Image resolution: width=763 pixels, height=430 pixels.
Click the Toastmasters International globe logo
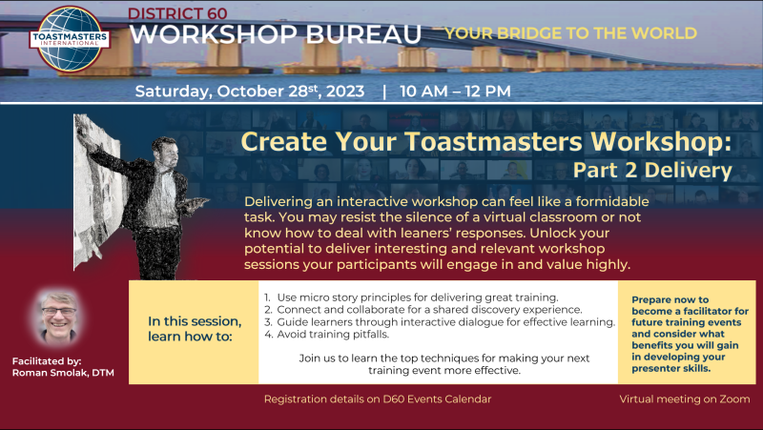pyautogui.click(x=70, y=39)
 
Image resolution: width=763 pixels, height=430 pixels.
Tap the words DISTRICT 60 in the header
pyautogui.click(x=177, y=13)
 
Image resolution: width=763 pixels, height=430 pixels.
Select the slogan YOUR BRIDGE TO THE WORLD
pyautogui.click(x=570, y=33)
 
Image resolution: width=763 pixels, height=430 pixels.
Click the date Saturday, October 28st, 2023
pyautogui.click(x=250, y=91)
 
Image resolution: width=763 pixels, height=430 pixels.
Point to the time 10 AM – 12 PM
pyautogui.click(x=455, y=91)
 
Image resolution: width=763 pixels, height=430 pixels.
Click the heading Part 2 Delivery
pyautogui.click(x=652, y=171)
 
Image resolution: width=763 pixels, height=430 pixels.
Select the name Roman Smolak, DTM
pyautogui.click(x=63, y=373)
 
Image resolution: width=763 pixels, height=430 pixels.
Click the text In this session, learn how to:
pyautogui.click(x=195, y=329)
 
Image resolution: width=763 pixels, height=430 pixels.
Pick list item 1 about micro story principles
pyautogui.click(x=411, y=297)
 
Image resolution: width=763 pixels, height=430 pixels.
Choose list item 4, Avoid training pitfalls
pyautogui.click(x=326, y=334)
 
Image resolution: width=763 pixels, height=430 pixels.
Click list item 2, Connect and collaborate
pyautogui.click(x=423, y=309)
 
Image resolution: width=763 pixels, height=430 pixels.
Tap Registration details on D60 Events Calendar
pyautogui.click(x=378, y=399)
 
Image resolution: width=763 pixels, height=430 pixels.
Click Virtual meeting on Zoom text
pyautogui.click(x=685, y=399)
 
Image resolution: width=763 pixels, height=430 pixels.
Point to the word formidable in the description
pyautogui.click(x=612, y=201)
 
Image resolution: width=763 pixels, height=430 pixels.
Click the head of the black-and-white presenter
pyautogui.click(x=164, y=152)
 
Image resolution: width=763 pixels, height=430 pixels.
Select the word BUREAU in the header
pyautogui.click(x=363, y=34)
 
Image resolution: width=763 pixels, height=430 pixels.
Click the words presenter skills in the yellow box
pyautogui.click(x=671, y=369)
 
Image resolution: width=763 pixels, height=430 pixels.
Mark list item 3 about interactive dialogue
pyautogui.click(x=440, y=322)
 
